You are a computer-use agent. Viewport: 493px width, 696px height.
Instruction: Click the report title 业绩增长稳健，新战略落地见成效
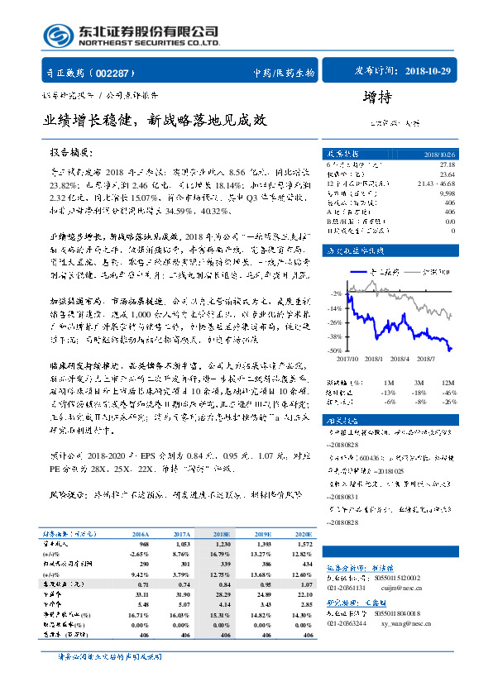click(156, 120)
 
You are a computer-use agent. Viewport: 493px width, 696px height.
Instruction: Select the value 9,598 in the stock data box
click(447, 193)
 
